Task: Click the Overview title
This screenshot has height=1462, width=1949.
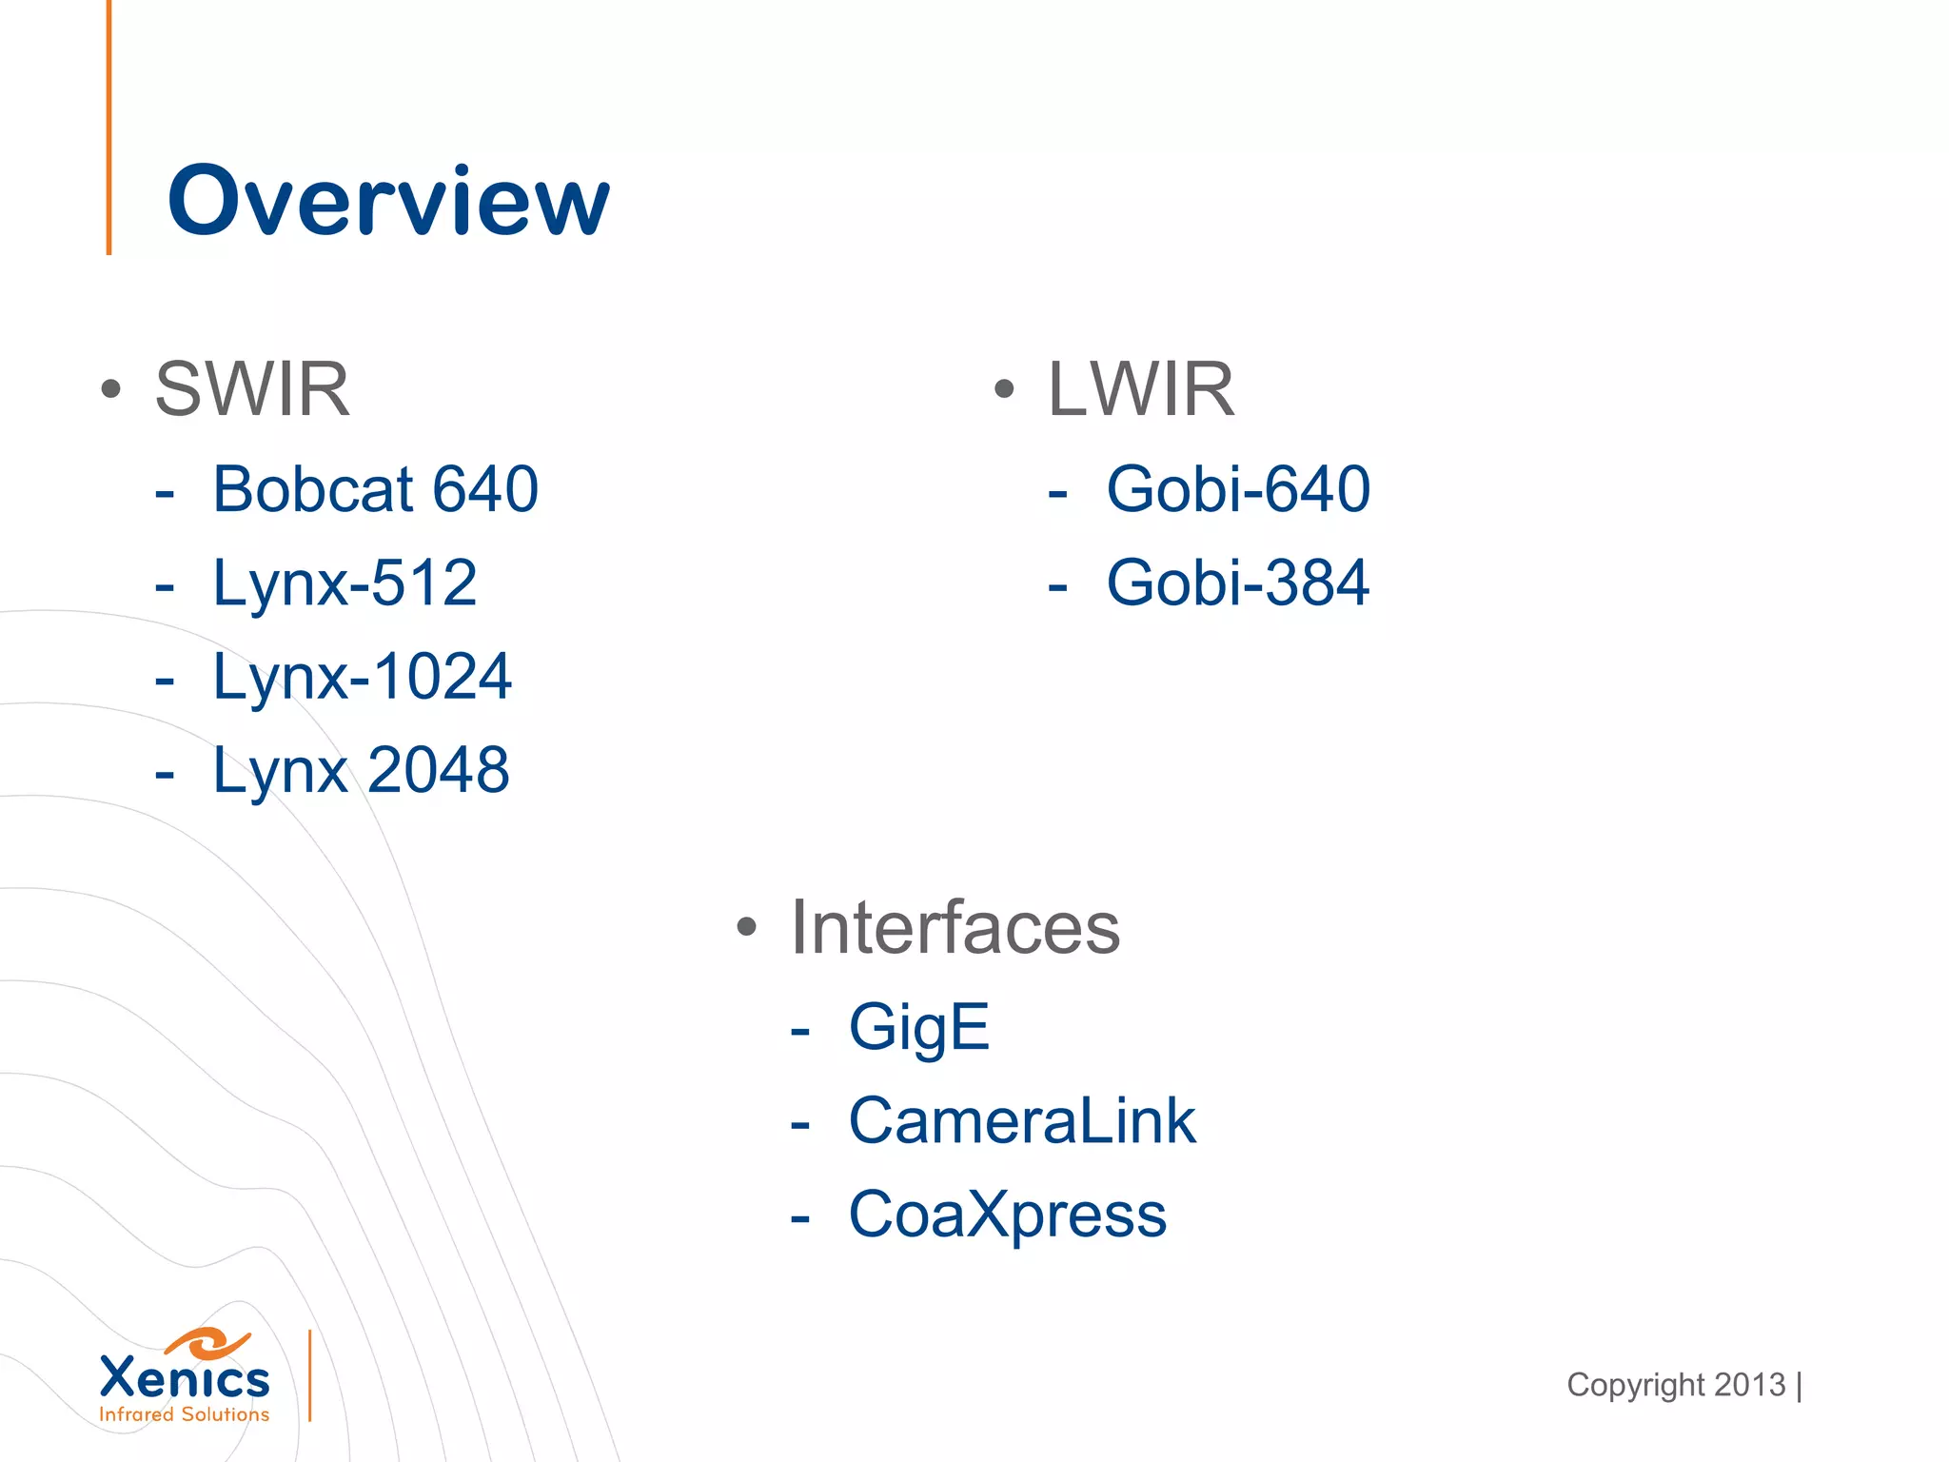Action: (388, 201)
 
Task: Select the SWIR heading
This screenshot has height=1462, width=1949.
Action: (252, 389)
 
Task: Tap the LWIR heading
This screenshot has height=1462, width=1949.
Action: (1141, 389)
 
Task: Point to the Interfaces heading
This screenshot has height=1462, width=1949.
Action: (955, 927)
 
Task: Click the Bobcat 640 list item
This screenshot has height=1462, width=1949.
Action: (375, 489)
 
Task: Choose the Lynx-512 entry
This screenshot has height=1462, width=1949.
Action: (345, 583)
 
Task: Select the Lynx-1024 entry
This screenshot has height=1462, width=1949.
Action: (362, 677)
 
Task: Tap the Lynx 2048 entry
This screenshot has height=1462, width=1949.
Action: (361, 770)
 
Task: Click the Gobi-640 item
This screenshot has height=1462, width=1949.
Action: (1238, 489)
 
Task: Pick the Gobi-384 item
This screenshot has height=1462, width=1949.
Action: (1238, 583)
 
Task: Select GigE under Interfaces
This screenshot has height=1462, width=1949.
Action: (919, 1027)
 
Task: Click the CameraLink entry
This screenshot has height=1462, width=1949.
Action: (1022, 1120)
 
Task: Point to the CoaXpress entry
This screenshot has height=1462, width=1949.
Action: (1008, 1215)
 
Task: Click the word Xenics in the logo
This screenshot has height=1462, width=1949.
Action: (185, 1378)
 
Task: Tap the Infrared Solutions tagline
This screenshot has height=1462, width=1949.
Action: (185, 1414)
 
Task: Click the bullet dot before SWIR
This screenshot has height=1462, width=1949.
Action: (111, 389)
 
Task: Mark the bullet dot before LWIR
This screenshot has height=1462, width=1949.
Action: (1004, 389)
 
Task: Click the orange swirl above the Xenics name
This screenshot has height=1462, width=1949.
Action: (207, 1342)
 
